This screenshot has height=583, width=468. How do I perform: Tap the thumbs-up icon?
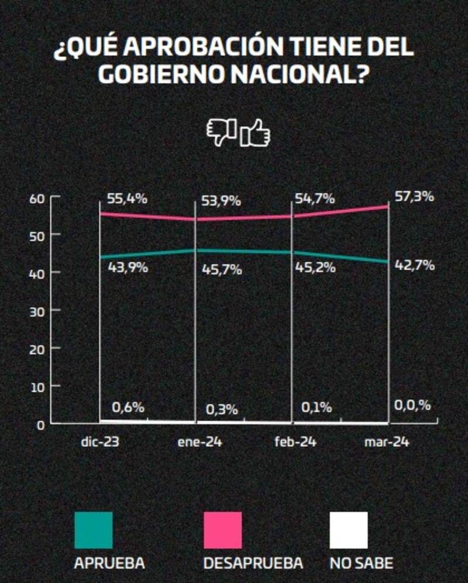coord(256,133)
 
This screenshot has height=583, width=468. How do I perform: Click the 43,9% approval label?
coord(128,268)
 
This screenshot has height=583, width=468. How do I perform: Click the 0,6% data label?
coord(128,407)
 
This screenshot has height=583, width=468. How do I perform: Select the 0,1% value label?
coord(316,407)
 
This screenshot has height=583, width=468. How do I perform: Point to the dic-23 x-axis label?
coord(100,442)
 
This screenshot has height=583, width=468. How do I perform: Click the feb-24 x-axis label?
coord(295,442)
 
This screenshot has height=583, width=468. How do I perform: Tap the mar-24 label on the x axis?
coord(387,442)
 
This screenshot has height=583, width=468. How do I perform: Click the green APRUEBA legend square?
coord(94,530)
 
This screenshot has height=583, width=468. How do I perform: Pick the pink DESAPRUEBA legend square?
coord(222,530)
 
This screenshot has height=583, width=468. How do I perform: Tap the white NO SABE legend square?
coord(349,530)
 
